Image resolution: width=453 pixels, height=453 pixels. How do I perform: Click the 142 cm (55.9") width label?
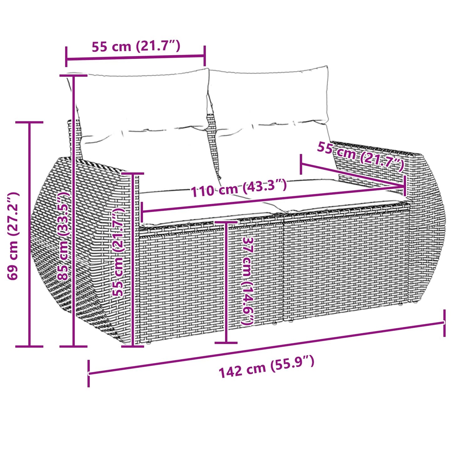point(266,367)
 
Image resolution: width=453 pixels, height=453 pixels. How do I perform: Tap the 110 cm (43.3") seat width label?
point(239,188)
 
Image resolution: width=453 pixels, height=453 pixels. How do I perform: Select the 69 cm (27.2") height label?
point(13,236)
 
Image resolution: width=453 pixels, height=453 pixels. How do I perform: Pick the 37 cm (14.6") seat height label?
point(248,281)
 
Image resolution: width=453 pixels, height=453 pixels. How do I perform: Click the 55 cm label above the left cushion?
point(136,46)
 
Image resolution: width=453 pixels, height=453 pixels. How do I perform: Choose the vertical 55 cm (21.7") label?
point(119,252)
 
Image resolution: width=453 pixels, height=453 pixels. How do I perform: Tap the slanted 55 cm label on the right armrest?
point(361,156)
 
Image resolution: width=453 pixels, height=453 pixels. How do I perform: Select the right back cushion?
point(270,97)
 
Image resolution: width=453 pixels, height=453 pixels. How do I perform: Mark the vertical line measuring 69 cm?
point(29,235)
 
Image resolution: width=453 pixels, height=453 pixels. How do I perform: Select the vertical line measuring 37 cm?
point(226,282)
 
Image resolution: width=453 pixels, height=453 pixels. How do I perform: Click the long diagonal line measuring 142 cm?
point(266,348)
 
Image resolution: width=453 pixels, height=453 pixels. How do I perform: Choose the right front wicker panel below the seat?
point(345,263)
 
